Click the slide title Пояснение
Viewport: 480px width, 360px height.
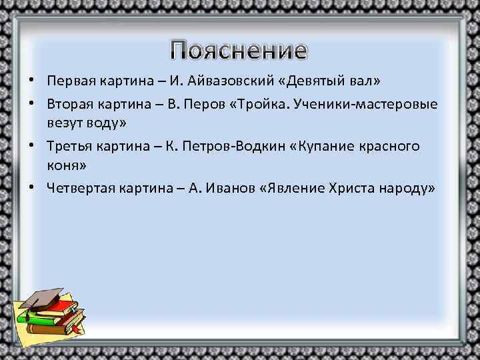(239, 51)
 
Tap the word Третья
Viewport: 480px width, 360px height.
(70, 146)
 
